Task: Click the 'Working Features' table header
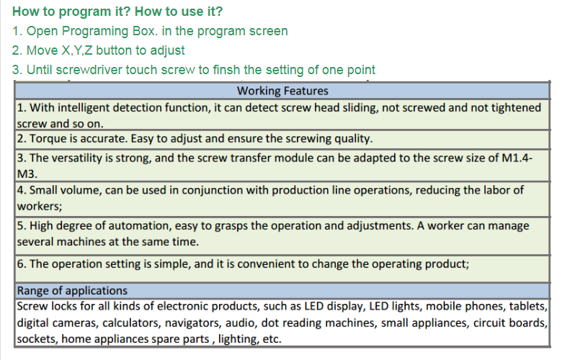point(282,91)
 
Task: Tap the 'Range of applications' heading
point(72,290)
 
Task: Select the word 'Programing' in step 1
point(94,32)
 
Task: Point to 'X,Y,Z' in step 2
point(77,50)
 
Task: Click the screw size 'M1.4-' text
point(517,158)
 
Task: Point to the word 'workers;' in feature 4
point(40,207)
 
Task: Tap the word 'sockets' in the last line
point(37,339)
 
